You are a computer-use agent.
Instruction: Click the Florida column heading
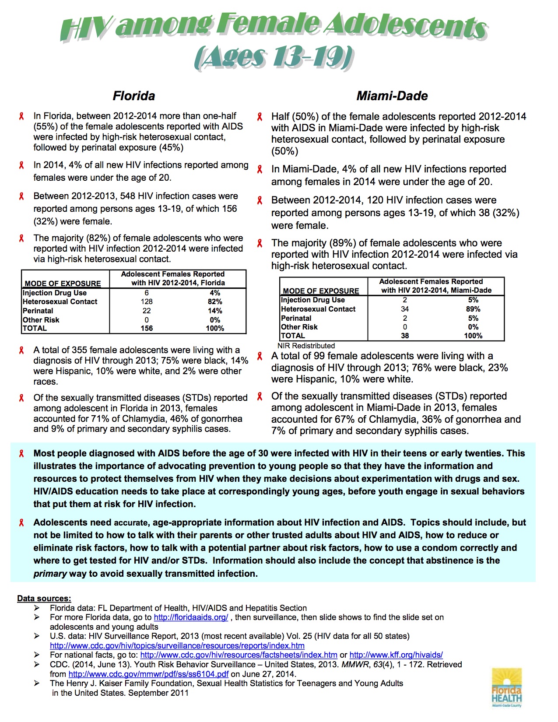click(x=134, y=96)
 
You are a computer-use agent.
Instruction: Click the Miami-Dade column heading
click(x=392, y=96)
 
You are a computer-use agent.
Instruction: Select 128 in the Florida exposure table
click(x=147, y=301)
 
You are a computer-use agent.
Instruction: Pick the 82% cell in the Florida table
click(x=215, y=301)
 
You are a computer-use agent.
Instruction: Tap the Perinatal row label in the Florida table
click(x=38, y=311)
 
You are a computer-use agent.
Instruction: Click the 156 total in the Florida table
click(x=147, y=328)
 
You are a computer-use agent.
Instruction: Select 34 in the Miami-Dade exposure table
click(x=405, y=309)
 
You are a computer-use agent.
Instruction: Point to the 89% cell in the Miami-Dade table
click(x=473, y=309)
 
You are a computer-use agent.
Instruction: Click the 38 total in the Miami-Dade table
click(x=405, y=336)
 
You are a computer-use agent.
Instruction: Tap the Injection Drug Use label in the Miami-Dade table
click(x=313, y=300)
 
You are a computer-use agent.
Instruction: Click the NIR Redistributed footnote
click(x=306, y=346)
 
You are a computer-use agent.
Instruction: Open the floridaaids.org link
click(x=191, y=617)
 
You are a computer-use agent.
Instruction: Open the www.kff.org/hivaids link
click(x=396, y=655)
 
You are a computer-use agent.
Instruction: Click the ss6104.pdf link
click(x=148, y=674)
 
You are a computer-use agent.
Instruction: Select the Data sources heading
click(x=44, y=598)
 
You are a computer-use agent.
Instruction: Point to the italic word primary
click(x=50, y=574)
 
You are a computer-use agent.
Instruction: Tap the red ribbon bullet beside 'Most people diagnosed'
click(x=21, y=454)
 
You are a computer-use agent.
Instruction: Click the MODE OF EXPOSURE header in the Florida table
click(x=63, y=284)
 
